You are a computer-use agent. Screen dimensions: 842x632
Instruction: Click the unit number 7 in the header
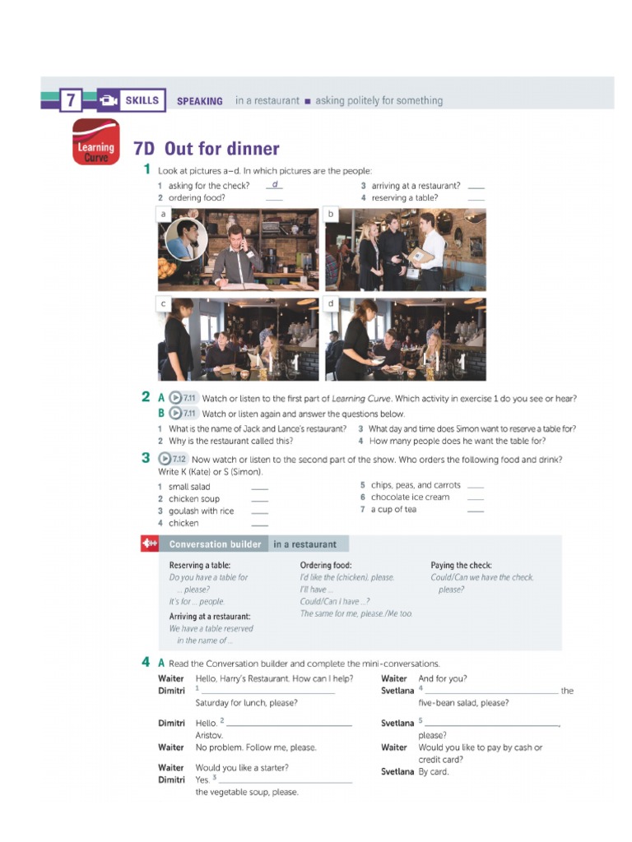pos(71,101)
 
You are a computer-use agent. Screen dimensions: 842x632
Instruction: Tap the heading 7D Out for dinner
pos(206,149)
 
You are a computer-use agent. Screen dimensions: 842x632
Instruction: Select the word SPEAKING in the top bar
pos(200,101)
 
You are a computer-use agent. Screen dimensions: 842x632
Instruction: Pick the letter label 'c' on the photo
pos(164,304)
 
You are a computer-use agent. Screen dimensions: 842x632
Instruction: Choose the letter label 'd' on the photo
pos(332,304)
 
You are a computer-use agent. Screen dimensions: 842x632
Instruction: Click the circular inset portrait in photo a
pos(186,238)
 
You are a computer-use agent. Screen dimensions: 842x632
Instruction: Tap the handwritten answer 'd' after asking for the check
pos(275,184)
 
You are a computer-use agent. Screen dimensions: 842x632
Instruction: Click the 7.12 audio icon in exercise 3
pos(174,459)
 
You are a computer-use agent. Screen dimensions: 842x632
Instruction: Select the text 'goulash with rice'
pos(201,511)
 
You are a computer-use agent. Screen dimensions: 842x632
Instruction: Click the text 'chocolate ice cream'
pos(410,497)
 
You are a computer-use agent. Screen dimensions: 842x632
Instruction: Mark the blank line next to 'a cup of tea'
pos(475,511)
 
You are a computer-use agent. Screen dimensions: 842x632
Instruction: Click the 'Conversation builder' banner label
pos(215,544)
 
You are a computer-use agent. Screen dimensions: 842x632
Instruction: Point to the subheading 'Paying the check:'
pos(462,566)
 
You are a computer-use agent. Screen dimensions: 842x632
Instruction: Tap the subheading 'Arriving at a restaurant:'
pos(210,616)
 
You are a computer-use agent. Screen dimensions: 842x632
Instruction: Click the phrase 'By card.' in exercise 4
pos(434,772)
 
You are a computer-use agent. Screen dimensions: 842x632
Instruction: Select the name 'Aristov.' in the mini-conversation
pos(209,735)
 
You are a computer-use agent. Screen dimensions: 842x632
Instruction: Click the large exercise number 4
pos(146,662)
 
